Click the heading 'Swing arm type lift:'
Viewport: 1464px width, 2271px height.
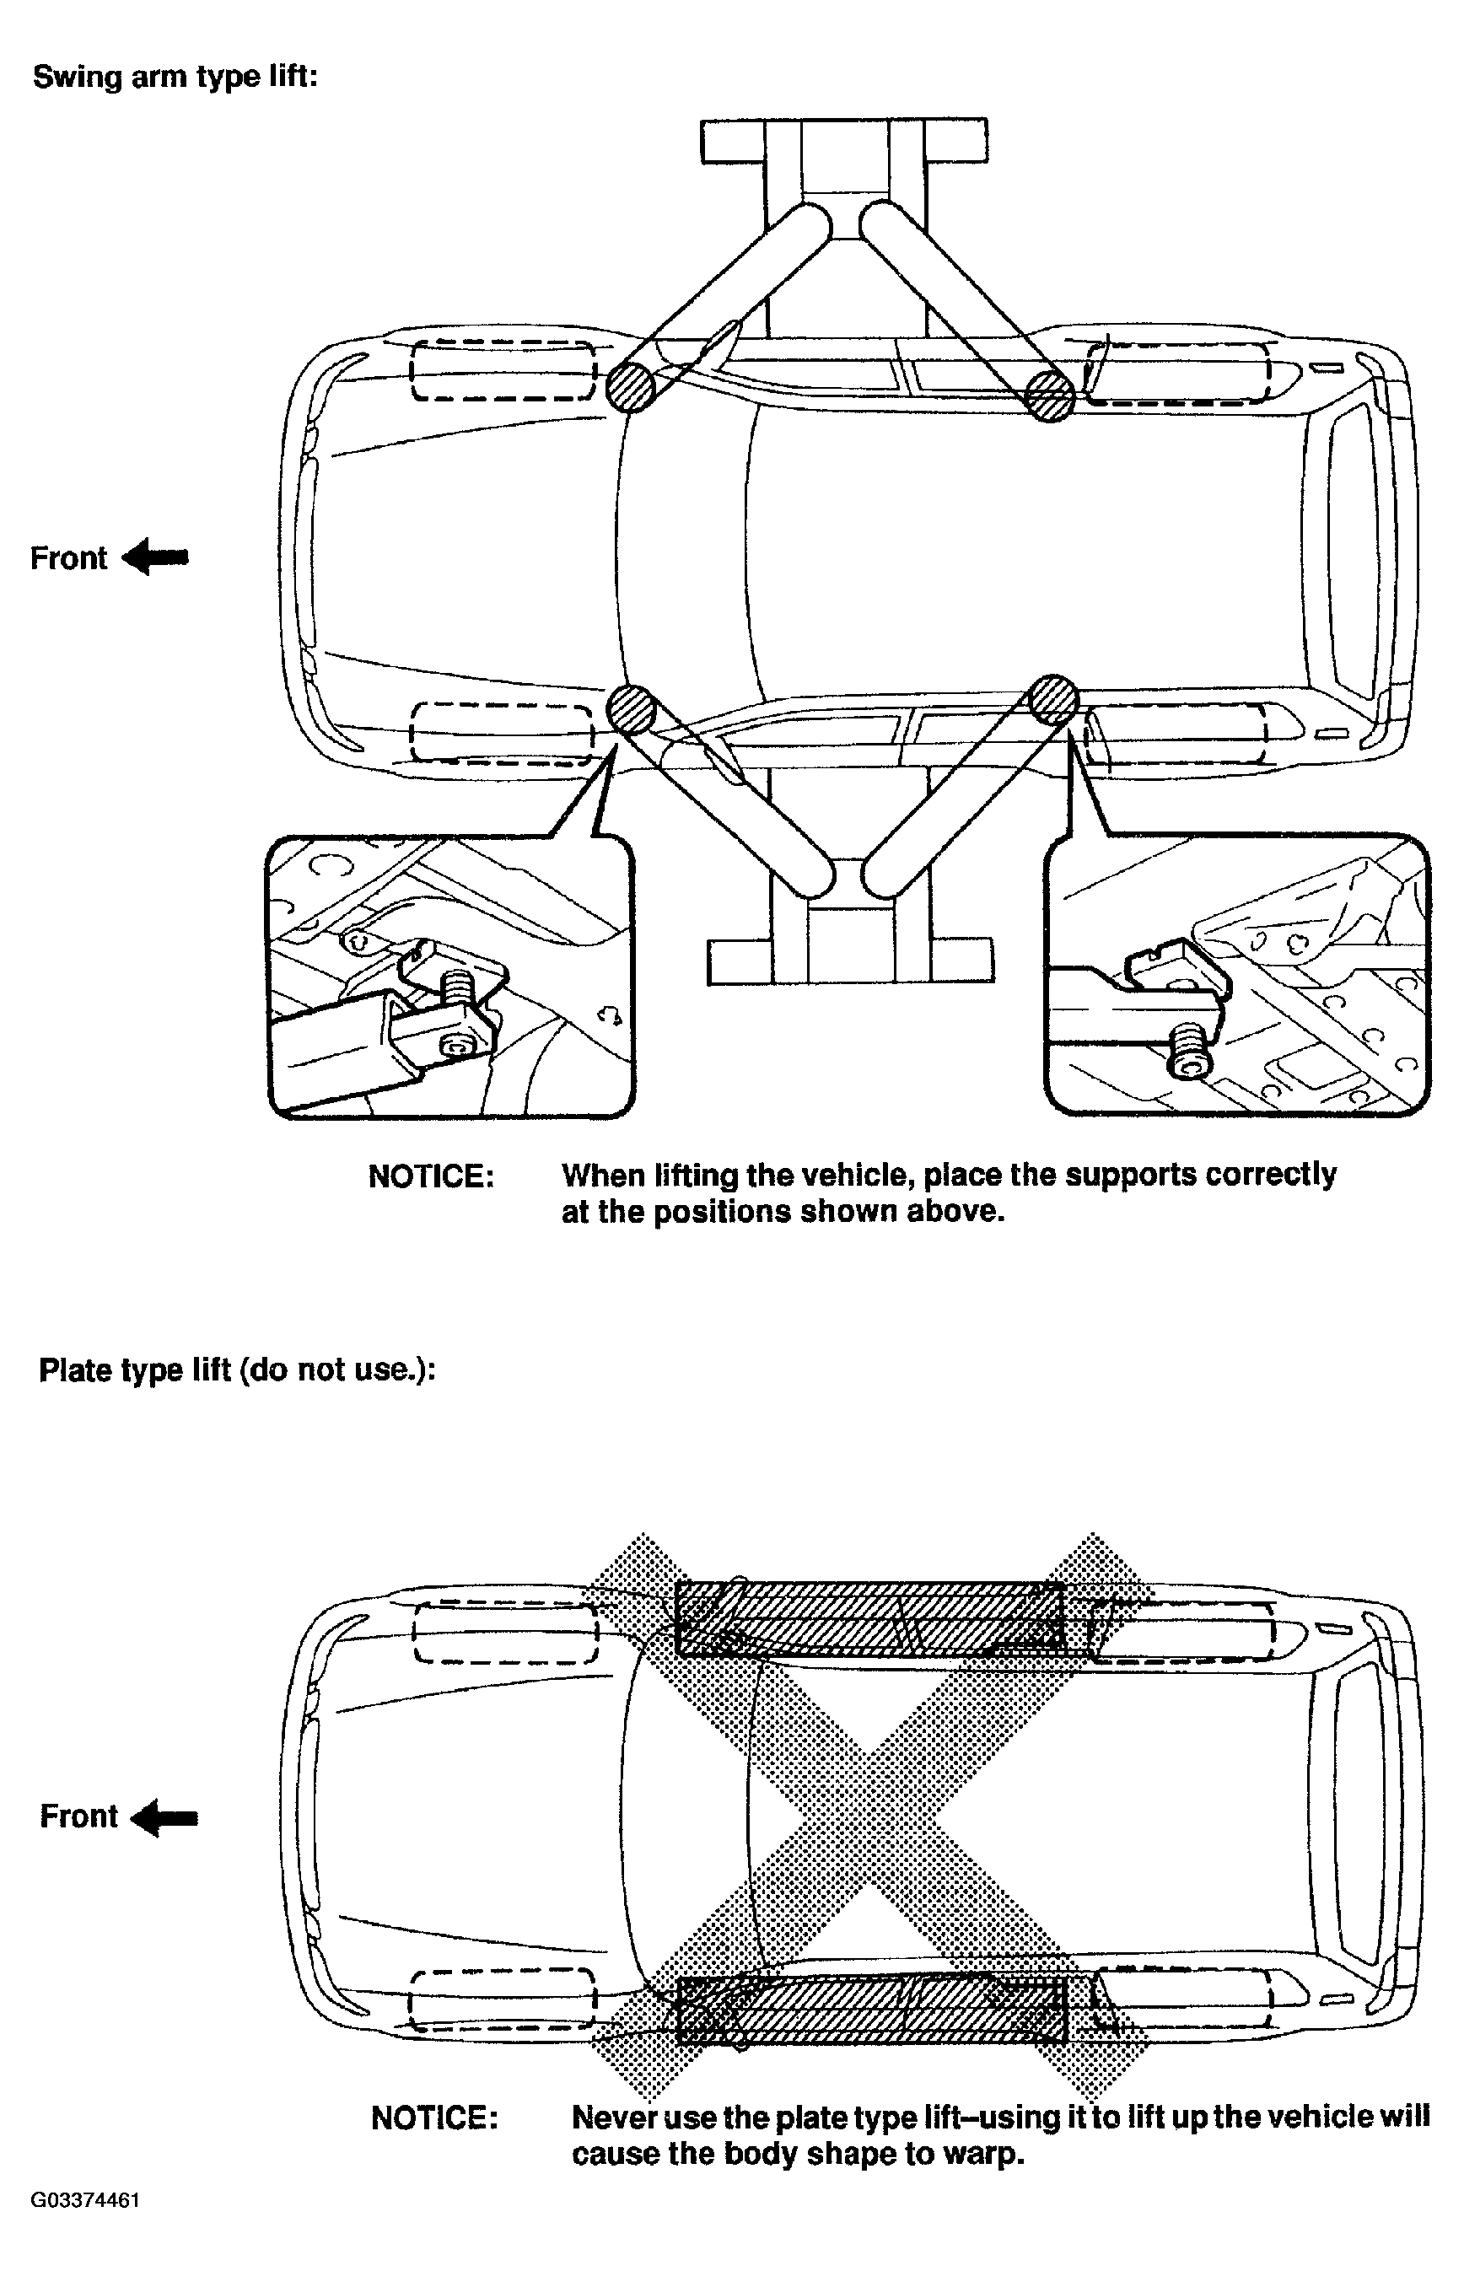point(175,77)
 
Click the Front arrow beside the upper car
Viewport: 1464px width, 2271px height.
point(156,557)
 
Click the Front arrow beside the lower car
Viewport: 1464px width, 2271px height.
point(164,1818)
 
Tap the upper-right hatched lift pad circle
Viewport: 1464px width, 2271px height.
point(1050,395)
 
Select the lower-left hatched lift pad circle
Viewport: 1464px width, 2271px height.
point(632,709)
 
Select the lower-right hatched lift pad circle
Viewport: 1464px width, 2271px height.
point(1053,701)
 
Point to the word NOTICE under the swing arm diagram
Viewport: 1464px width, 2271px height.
point(431,1177)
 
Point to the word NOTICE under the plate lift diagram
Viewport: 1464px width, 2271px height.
point(434,2119)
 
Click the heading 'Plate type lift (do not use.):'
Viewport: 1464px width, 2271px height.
point(237,1370)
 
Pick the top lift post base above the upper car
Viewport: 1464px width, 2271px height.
point(844,141)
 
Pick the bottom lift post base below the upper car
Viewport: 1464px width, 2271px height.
point(850,961)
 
